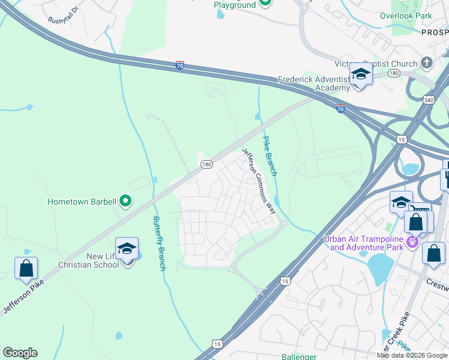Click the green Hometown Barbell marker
pyautogui.click(x=125, y=201)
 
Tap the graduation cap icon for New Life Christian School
pyautogui.click(x=127, y=249)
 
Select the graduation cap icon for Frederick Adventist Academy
pyautogui.click(x=361, y=74)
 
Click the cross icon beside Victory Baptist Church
pyautogui.click(x=426, y=63)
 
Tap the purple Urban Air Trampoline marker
pyautogui.click(x=412, y=242)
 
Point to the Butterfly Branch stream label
pyautogui.click(x=158, y=243)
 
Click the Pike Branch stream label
pyautogui.click(x=269, y=156)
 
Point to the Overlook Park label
pyautogui.click(x=406, y=16)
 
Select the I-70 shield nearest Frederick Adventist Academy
pyautogui.click(x=340, y=109)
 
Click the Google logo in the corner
pyautogui.click(x=20, y=353)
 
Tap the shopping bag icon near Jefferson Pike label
pyautogui.click(x=26, y=269)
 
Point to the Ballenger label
pyautogui.click(x=298, y=356)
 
